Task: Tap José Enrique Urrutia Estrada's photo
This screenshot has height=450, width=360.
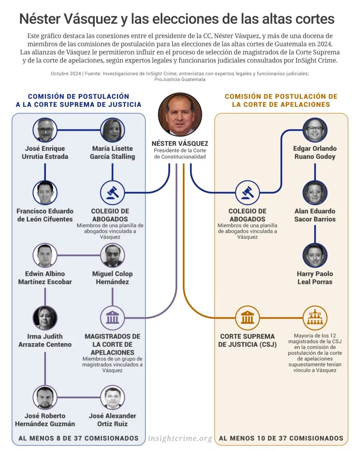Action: click(x=45, y=130)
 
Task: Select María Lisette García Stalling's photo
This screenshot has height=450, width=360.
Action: click(x=113, y=130)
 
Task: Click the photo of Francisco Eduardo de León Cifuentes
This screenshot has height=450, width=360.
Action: click(x=45, y=192)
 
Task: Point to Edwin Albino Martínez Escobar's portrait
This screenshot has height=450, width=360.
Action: click(x=45, y=255)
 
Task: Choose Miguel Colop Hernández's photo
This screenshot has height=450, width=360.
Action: click(x=113, y=255)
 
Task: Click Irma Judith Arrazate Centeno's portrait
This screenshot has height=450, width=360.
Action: click(x=45, y=318)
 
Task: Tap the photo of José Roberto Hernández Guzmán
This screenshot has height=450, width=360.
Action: click(x=45, y=397)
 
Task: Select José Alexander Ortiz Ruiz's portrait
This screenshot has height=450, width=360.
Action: click(x=113, y=397)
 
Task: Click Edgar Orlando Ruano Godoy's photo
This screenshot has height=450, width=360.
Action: click(x=315, y=130)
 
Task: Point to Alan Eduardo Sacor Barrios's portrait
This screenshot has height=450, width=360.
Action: click(x=315, y=192)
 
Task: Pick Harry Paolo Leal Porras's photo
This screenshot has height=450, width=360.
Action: click(x=315, y=255)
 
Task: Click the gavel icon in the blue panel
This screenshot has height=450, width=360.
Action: click(x=113, y=192)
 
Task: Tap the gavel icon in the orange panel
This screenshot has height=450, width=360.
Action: click(x=247, y=192)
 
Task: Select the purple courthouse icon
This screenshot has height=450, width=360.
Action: click(x=113, y=318)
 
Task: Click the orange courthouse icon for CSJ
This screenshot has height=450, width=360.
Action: click(x=247, y=318)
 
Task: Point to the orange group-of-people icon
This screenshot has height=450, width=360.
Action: click(x=315, y=318)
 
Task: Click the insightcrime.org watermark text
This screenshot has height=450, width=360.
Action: click(x=180, y=438)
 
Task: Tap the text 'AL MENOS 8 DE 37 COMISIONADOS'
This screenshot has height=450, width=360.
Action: click(x=78, y=438)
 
